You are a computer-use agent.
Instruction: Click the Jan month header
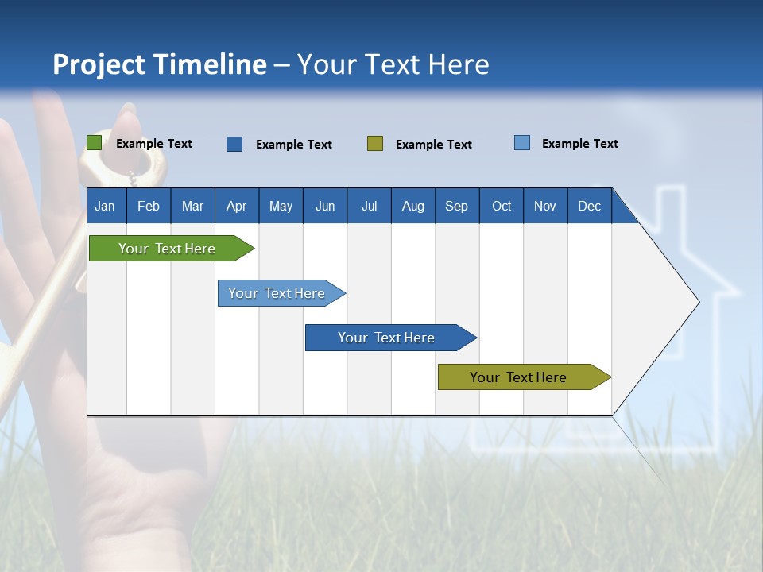coord(106,206)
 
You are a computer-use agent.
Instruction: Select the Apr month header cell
coord(237,206)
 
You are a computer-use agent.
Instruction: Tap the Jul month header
coord(369,206)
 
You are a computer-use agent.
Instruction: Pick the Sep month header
coord(457,206)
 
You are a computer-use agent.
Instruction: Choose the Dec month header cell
coord(589,206)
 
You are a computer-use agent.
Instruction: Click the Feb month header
coord(149,206)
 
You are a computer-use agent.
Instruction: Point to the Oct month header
coord(502,206)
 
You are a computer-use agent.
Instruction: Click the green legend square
coord(94,143)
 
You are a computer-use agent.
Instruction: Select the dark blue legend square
coord(234,144)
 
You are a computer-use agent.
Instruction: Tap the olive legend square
coord(375,144)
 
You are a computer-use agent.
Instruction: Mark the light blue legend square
coord(522,143)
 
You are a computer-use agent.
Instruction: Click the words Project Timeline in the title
coord(160,64)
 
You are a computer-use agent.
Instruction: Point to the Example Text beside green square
coord(154,144)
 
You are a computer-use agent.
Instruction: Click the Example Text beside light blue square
coord(580,144)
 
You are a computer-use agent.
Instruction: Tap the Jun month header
coord(325,206)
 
